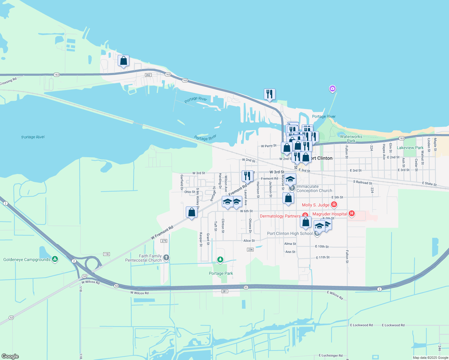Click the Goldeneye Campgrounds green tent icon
coord(55,259)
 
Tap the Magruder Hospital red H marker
coord(352,214)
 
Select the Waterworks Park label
coord(351,139)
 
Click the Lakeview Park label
coord(410,148)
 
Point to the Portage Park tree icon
coord(220,259)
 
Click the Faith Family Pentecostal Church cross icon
coord(166,257)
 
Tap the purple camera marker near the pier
coord(332,88)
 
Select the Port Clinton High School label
coord(290,233)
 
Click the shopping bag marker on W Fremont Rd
coord(191,212)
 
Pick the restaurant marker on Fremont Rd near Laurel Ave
coord(247,176)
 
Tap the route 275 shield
coord(164,241)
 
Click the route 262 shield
coord(148,75)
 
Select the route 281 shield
coord(225,291)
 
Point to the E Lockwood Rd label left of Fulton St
coord(361,325)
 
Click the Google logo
coord(10,356)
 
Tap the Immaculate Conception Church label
coord(314,188)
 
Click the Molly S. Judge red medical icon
coord(334,205)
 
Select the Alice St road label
coord(249,241)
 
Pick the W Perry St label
coord(269,146)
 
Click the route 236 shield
coord(250,250)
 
